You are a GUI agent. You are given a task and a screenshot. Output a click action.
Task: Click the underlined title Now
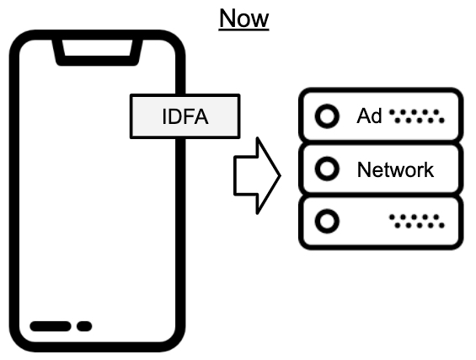coord(243,19)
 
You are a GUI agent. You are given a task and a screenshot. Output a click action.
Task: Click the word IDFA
coord(185,116)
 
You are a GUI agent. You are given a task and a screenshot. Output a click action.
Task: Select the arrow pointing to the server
coord(258,175)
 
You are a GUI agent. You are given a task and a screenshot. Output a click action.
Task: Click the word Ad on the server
coord(369,116)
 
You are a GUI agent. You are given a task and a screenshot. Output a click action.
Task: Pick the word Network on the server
coord(395,169)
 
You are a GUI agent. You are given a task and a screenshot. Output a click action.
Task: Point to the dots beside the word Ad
coord(417,116)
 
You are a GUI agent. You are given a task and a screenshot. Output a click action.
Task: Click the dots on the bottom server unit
coord(417,221)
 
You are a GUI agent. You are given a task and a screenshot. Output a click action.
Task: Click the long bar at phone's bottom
coord(51,326)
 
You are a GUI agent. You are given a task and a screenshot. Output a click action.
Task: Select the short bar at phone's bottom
coord(84,326)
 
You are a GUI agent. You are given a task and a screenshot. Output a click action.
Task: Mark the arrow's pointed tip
coord(281,175)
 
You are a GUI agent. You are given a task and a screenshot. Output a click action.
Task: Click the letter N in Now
coord(227,19)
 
